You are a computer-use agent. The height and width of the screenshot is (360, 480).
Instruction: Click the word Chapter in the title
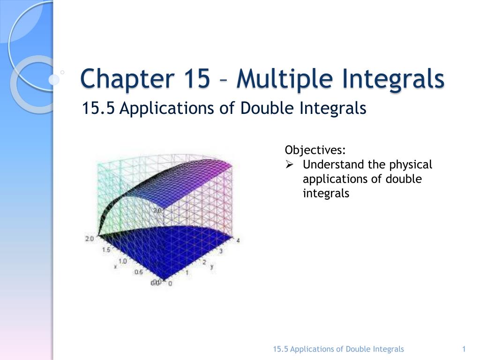coord(118,78)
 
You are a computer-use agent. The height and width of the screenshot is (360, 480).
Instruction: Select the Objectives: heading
coord(315,150)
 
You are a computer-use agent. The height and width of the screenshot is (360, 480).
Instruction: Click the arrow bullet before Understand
coord(289,165)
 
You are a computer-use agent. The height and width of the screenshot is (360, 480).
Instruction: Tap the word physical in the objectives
coord(407,165)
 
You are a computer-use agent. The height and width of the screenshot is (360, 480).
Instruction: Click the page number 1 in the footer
coord(464,349)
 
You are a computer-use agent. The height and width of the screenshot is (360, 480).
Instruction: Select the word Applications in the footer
coord(312,349)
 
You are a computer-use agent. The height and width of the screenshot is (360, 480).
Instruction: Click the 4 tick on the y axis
coord(238,241)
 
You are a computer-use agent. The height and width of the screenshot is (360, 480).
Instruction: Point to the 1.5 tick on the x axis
coord(106,250)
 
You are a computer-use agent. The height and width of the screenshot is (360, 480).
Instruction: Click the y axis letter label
coord(212,266)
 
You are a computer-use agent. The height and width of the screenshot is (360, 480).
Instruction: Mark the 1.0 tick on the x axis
coord(122,261)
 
